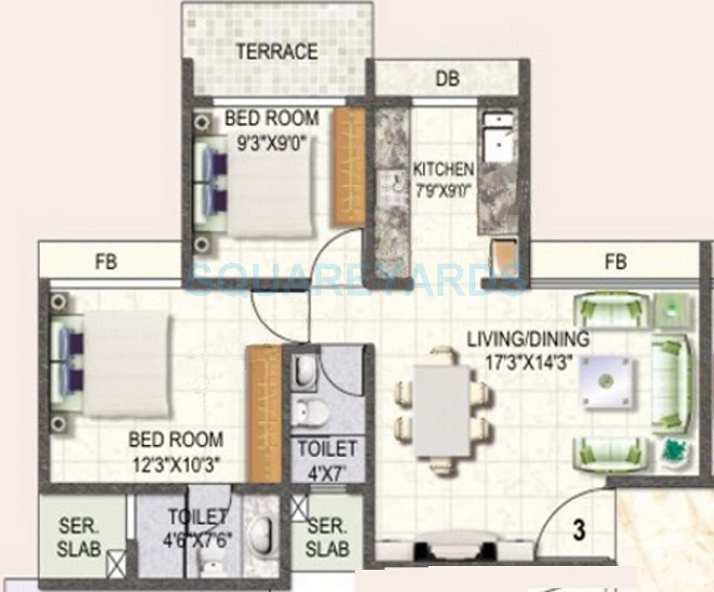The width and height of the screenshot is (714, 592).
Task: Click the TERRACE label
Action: (x=277, y=52)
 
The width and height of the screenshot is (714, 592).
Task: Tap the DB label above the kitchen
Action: (x=448, y=78)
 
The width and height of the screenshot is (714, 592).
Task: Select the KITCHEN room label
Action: (x=443, y=168)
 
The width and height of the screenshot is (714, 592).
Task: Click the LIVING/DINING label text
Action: (x=528, y=340)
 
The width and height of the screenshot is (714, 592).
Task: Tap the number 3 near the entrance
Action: (x=579, y=532)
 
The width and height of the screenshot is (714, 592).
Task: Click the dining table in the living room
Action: (x=442, y=409)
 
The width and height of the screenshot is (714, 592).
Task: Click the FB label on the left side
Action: (x=106, y=262)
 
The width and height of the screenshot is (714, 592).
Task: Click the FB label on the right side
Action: (x=615, y=262)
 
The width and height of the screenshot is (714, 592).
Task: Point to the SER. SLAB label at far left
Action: (x=79, y=537)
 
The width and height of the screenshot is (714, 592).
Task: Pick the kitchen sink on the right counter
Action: (x=493, y=139)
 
